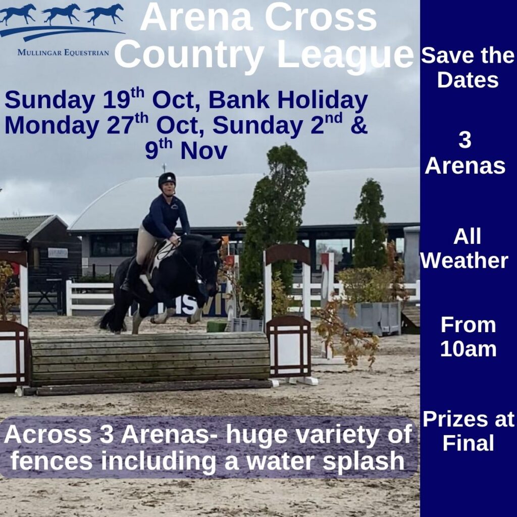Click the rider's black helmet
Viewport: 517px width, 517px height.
point(167,180)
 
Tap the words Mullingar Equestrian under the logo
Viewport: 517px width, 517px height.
point(63,53)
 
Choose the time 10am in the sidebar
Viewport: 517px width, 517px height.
point(468,349)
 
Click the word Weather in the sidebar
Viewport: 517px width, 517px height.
point(464,261)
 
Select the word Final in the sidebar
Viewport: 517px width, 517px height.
point(468,443)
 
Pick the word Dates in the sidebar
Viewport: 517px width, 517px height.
point(468,80)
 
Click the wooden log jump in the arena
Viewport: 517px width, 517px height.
point(150,359)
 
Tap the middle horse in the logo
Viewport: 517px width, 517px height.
point(62,14)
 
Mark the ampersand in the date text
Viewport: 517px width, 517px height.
point(359,125)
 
